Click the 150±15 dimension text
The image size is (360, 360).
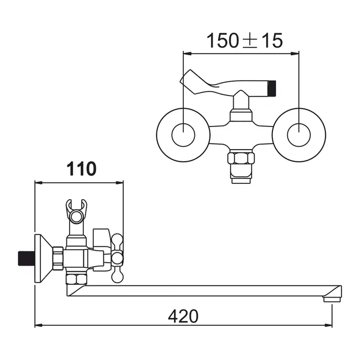[x=245, y=41]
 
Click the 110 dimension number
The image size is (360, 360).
[x=82, y=169]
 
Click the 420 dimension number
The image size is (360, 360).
[x=183, y=316]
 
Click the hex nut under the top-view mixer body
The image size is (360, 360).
[x=241, y=158]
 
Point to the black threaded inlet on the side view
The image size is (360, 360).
[x=26, y=258]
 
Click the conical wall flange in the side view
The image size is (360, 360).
[x=44, y=258]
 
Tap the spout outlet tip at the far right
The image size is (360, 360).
[x=332, y=299]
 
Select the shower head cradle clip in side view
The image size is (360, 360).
[x=76, y=211]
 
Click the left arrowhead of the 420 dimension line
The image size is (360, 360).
[x=39, y=325]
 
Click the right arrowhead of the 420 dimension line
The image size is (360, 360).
[x=329, y=325]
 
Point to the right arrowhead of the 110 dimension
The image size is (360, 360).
[x=119, y=183]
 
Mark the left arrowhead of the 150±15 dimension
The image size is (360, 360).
[x=187, y=54]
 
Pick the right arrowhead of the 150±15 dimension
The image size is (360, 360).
[x=295, y=54]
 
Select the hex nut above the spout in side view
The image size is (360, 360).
[x=77, y=279]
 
